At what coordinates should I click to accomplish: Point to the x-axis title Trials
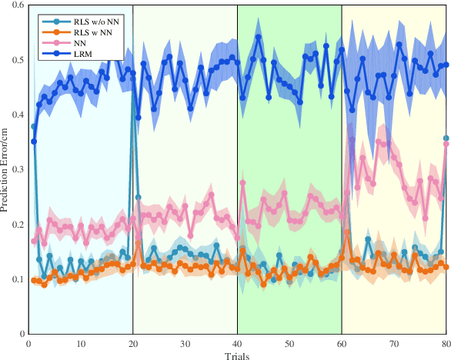[x=237, y=356]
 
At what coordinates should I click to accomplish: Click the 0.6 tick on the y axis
[x=18, y=5]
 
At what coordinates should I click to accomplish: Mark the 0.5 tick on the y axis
[x=18, y=60]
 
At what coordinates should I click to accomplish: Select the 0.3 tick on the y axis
[x=18, y=169]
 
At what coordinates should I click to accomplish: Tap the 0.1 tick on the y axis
[x=18, y=279]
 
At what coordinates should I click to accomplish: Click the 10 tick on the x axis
[x=81, y=343]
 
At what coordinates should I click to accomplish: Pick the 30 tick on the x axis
[x=185, y=343]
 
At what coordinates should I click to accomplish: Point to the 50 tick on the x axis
[x=289, y=343]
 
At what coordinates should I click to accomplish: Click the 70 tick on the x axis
[x=394, y=343]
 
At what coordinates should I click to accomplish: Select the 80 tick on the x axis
[x=446, y=343]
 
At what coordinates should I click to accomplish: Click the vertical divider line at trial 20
[x=132, y=192]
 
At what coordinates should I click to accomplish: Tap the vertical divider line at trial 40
[x=237, y=192]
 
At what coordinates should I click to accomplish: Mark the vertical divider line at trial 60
[x=342, y=192]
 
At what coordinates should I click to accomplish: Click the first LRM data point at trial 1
[x=34, y=142]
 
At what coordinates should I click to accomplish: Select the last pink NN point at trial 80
[x=446, y=144]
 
